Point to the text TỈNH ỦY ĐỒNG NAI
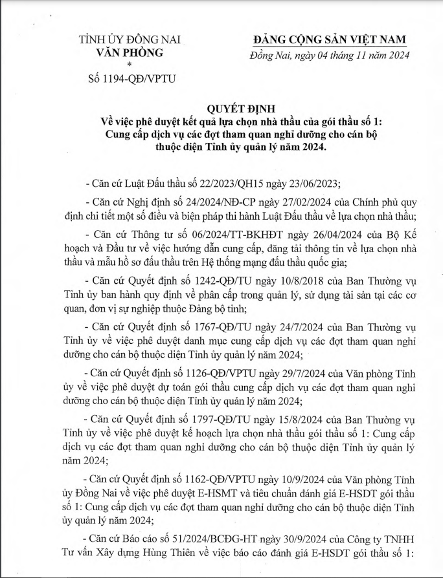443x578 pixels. [x=121, y=40]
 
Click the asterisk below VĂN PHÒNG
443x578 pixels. [x=130, y=65]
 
